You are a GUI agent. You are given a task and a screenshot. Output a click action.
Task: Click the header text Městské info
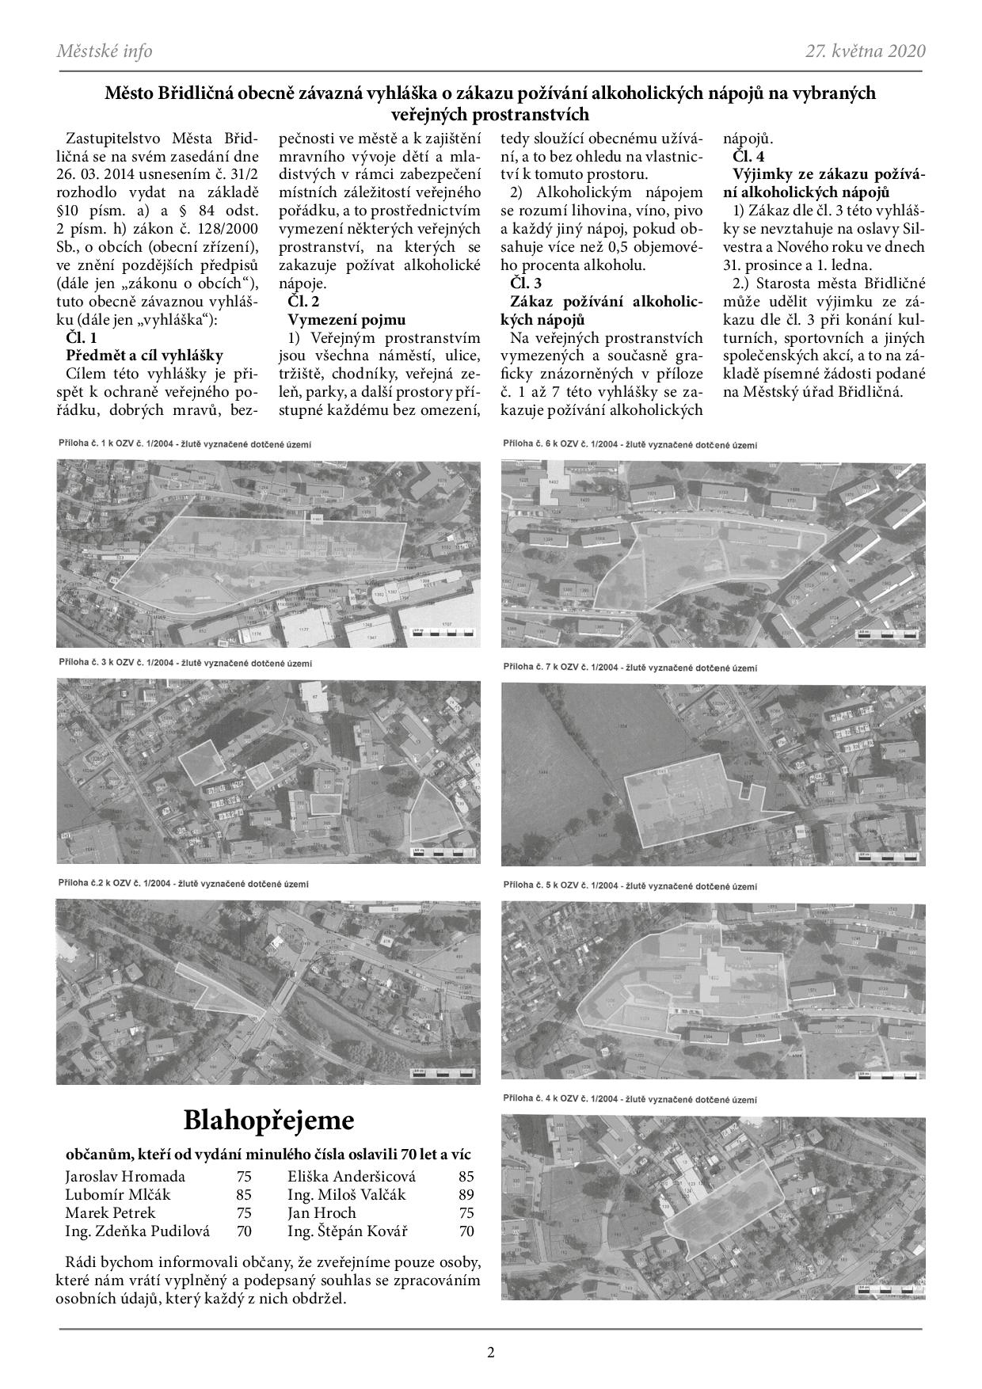pos(105,51)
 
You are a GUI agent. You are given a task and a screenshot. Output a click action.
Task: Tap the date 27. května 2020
pos(866,51)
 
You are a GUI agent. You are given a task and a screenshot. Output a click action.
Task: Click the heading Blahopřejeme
pos(268,1120)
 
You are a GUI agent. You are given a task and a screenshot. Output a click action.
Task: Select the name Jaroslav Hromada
pos(125,1176)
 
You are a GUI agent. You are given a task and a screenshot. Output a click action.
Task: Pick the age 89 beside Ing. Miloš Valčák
pos(466,1194)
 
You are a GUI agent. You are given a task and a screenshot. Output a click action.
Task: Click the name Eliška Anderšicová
pos(352,1176)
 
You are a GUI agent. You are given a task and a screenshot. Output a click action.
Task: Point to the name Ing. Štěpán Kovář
pos(348,1231)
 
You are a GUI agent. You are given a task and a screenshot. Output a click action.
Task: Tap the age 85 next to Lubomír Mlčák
pos(244,1194)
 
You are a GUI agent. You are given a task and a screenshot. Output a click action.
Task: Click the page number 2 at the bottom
pos(491,1353)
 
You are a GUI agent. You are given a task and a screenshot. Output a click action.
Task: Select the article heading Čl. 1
pos(82,337)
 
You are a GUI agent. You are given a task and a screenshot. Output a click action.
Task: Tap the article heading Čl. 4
pos(748,155)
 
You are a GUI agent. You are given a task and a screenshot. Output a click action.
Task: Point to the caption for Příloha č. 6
pos(630,445)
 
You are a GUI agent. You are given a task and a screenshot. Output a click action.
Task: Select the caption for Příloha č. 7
pos(630,668)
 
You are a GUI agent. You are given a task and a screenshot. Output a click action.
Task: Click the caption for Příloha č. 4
pos(630,1099)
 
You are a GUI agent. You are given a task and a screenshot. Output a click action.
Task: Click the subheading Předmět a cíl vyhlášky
pos(145,356)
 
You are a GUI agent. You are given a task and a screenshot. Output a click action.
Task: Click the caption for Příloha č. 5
pos(630,884)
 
